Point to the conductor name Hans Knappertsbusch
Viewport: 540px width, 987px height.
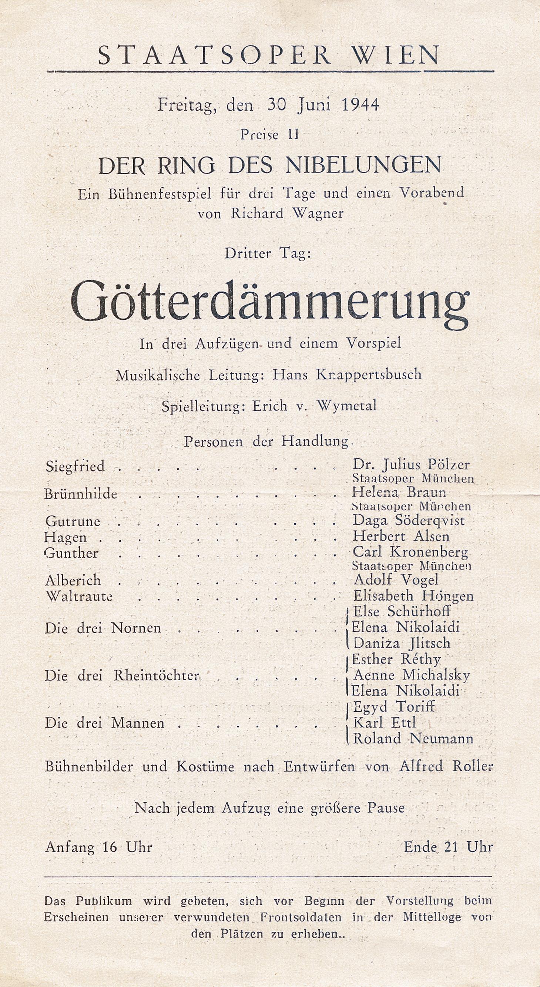(x=347, y=375)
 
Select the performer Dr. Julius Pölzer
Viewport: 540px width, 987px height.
(x=411, y=465)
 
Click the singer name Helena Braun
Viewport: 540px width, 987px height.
(x=399, y=492)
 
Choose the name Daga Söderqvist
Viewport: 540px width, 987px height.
(x=409, y=520)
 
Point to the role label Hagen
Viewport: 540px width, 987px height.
(x=66, y=537)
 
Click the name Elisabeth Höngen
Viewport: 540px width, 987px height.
(x=413, y=596)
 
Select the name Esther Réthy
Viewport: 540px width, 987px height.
(x=396, y=659)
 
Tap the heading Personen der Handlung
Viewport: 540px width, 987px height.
(x=268, y=442)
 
